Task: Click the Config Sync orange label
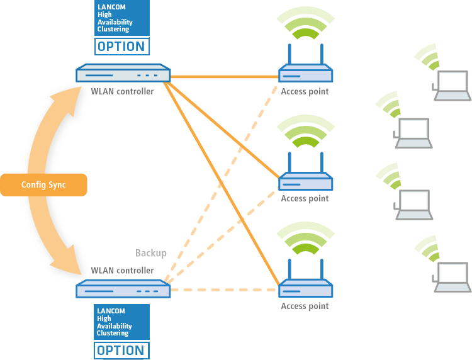(43, 185)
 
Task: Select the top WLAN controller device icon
(123, 73)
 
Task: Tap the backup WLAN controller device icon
(123, 289)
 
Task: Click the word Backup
(151, 253)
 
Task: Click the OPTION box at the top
(122, 47)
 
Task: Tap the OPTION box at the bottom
(121, 351)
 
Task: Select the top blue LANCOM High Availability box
(122, 18)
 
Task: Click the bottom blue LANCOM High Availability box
(121, 322)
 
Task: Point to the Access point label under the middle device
(305, 199)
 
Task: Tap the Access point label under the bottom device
(305, 306)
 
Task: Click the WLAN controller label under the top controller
(122, 91)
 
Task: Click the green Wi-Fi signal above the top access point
(305, 23)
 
